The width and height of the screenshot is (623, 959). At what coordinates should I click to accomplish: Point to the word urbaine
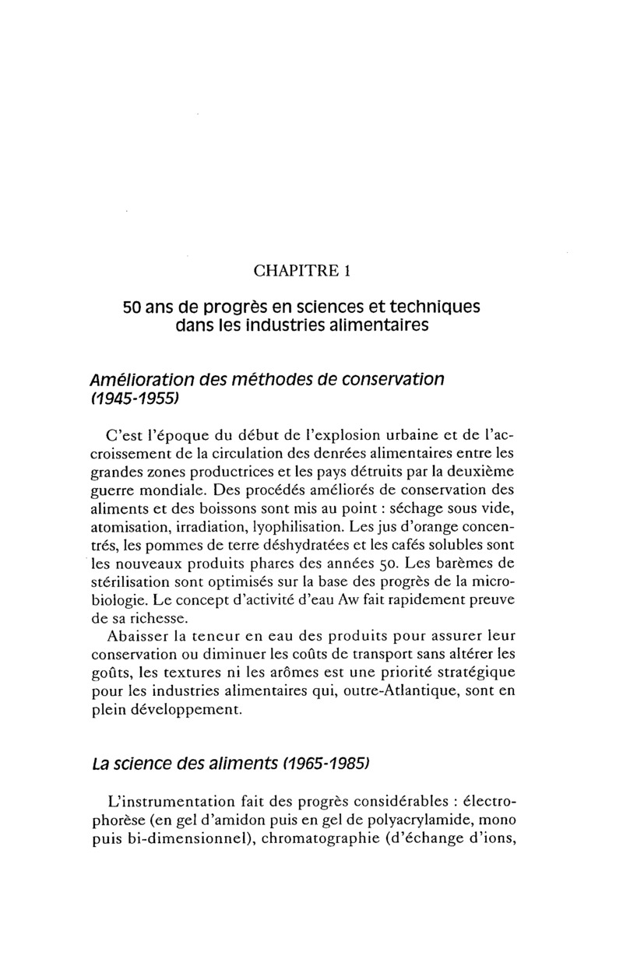376,433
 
